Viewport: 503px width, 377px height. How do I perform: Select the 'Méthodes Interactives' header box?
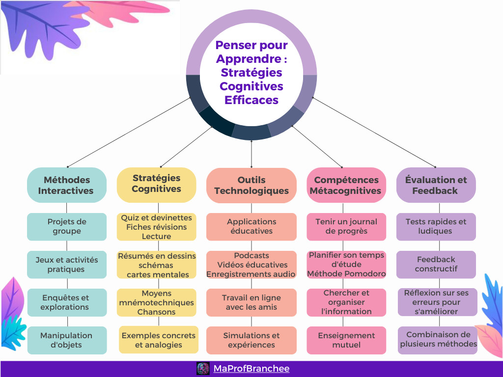66,185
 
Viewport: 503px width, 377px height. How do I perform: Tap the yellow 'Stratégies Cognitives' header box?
156,184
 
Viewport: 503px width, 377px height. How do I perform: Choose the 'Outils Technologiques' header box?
251,185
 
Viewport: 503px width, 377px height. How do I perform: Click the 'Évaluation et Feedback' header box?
436,185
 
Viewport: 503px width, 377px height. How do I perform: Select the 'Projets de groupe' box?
67,226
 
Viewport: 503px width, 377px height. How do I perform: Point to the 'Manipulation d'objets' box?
67,340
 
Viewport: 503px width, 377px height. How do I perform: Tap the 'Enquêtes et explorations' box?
67,302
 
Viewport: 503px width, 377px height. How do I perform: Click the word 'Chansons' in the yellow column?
156,312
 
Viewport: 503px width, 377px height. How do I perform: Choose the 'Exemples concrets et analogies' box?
158,340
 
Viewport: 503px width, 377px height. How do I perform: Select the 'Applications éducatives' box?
251,226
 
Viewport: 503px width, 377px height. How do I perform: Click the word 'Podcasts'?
251,255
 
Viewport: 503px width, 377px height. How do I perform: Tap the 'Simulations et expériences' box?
251,340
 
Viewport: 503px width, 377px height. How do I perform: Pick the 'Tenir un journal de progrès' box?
346,226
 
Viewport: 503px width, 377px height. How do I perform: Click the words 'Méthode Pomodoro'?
346,273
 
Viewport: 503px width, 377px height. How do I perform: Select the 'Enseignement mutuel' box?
346,340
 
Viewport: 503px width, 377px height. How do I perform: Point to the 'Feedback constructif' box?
436,264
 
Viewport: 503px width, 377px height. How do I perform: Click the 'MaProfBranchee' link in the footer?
251,368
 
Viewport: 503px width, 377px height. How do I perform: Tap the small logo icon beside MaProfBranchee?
203,368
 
